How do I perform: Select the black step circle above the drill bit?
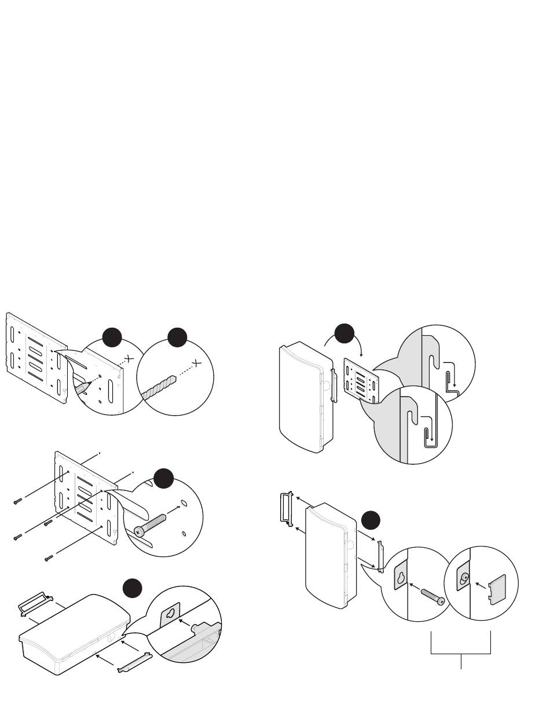point(177,338)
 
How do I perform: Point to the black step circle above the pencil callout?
point(112,338)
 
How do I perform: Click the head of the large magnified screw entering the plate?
point(139,530)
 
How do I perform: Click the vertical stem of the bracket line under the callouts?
point(461,662)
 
